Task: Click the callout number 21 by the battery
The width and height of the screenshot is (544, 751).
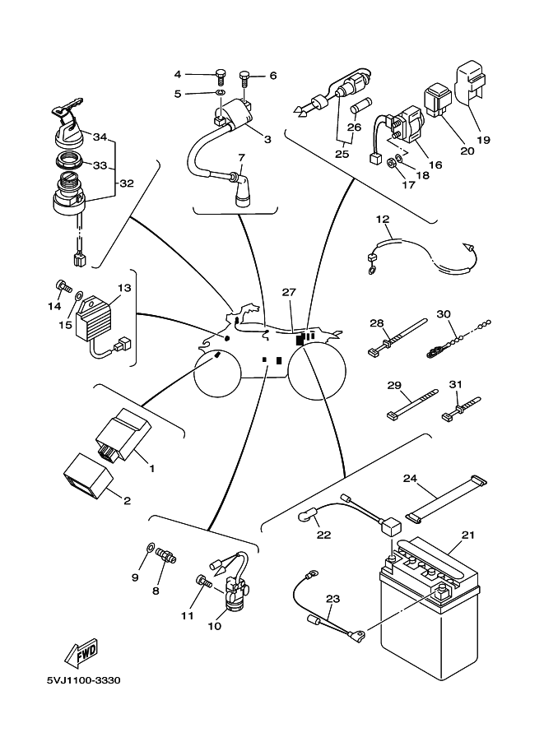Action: point(467,535)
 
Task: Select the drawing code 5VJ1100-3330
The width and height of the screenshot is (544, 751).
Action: point(84,682)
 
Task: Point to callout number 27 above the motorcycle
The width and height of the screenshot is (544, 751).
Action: point(288,293)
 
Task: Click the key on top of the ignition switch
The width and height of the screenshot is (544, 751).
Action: point(70,108)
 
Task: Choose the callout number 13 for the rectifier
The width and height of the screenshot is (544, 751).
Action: point(124,289)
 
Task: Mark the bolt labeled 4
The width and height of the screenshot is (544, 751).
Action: point(219,76)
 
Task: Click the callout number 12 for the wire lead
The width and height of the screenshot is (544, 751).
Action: point(383,220)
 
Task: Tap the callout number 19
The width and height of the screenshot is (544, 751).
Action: point(483,140)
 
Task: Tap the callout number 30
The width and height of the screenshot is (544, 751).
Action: point(444,314)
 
